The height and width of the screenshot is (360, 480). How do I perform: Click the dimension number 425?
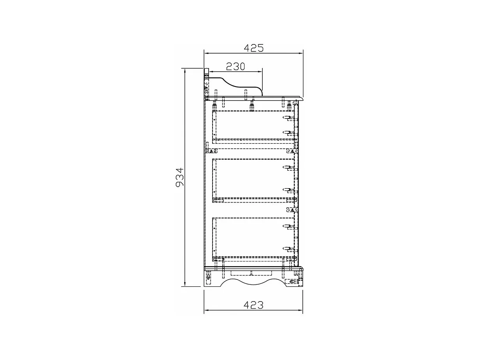(x=253, y=48)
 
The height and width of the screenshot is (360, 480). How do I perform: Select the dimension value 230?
(x=235, y=67)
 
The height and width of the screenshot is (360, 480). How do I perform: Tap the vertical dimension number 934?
(x=180, y=177)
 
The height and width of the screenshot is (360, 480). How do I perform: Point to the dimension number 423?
(x=253, y=305)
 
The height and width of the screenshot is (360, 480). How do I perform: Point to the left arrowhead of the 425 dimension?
(x=207, y=53)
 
